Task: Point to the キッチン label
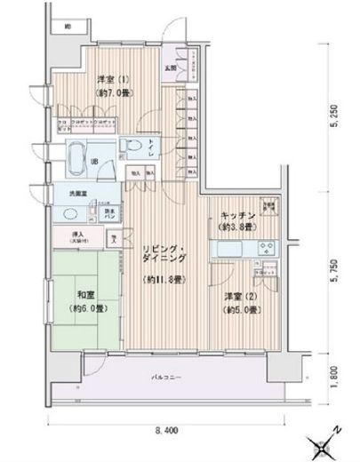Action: [235, 217]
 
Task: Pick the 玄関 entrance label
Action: [169, 65]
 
